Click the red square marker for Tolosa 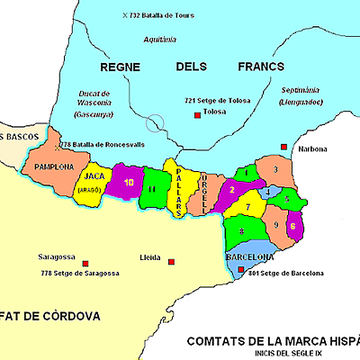pos(196,114)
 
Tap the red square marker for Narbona pos(284,147)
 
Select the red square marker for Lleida pos(171,263)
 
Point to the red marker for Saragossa pos(85,264)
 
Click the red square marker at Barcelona pos(240,268)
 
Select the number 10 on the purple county pos(130,182)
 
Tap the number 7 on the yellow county pos(248,209)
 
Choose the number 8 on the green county pos(241,233)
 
